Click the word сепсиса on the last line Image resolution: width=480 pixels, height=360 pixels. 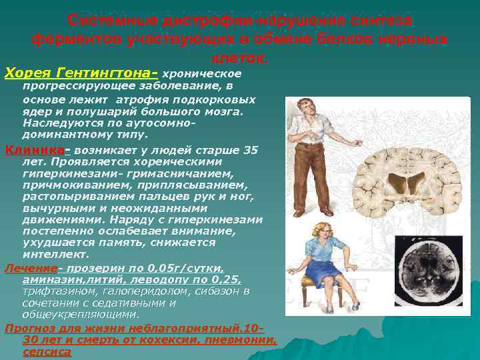tap(47, 351)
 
